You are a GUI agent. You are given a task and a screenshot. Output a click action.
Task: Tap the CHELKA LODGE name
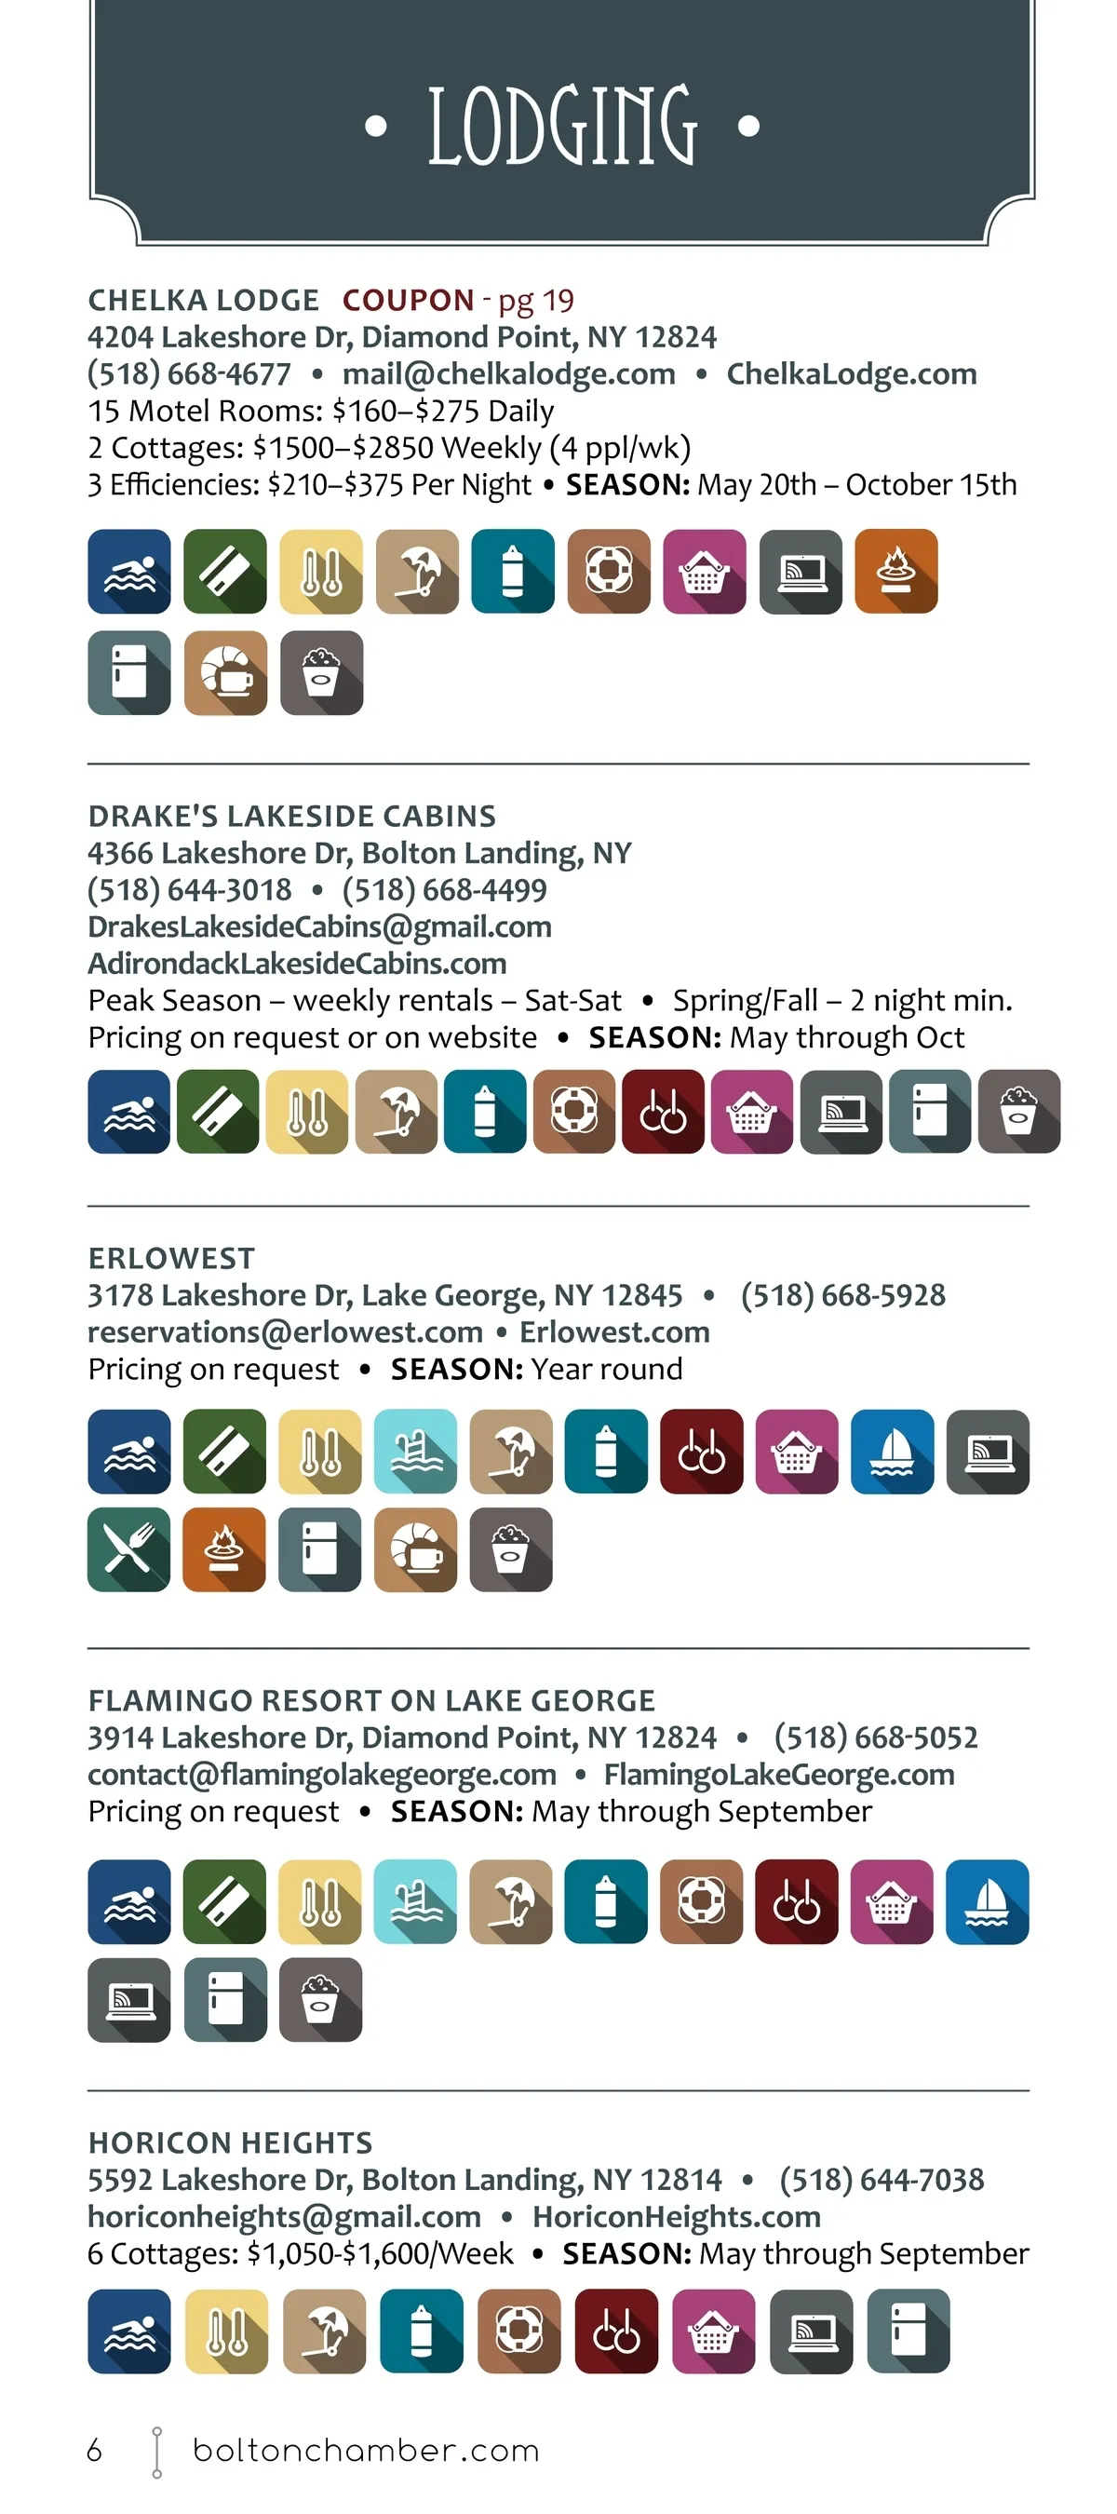point(203,300)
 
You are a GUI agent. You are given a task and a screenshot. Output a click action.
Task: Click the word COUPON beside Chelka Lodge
point(408,300)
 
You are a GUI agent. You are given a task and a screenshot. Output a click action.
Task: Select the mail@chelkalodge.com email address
point(508,373)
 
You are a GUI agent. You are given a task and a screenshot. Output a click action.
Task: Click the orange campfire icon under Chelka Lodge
point(895,572)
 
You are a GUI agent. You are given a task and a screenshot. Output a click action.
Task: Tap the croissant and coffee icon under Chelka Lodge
point(225,672)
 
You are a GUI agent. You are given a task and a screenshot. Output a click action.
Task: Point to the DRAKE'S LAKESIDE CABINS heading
point(291,816)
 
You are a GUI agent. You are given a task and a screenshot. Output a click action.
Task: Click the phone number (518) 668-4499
point(444,889)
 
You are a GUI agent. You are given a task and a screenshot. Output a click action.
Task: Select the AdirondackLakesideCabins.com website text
point(297,964)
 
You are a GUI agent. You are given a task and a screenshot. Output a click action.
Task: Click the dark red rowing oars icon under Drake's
point(664,1112)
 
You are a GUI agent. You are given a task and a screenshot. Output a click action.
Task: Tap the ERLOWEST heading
point(171,1258)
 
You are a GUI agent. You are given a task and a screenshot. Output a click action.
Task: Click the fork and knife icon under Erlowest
point(128,1549)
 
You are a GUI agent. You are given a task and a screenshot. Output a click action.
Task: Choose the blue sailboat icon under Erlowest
point(892,1452)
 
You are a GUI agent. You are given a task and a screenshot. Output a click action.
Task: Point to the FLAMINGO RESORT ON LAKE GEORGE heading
point(371,1700)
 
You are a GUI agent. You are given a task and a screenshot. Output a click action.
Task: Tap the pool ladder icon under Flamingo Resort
point(415,1901)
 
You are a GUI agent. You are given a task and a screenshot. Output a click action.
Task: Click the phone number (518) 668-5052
point(875,1737)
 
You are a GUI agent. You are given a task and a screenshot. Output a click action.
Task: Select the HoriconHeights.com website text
point(676,2216)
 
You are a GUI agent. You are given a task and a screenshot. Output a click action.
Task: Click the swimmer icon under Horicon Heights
point(128,2331)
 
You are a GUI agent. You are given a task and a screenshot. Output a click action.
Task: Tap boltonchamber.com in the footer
point(366,2451)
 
